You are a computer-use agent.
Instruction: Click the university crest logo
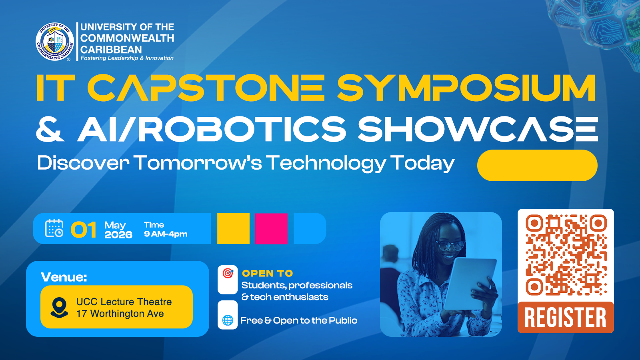[55, 42]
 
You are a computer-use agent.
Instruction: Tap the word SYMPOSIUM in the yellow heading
[466, 88]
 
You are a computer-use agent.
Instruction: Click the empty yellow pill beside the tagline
[537, 165]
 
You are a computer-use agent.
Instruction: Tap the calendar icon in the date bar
[54, 228]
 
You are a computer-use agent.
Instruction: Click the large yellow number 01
[84, 230]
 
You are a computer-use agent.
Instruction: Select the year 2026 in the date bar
[118, 235]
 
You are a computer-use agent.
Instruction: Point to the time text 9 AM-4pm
[166, 234]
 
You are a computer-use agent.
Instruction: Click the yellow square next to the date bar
[233, 228]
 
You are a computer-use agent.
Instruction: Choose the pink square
[271, 228]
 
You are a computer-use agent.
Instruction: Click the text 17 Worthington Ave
[120, 314]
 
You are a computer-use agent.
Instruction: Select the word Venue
[64, 277]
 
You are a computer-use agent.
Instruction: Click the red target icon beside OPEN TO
[228, 273]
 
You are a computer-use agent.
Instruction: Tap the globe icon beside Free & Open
[228, 320]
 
